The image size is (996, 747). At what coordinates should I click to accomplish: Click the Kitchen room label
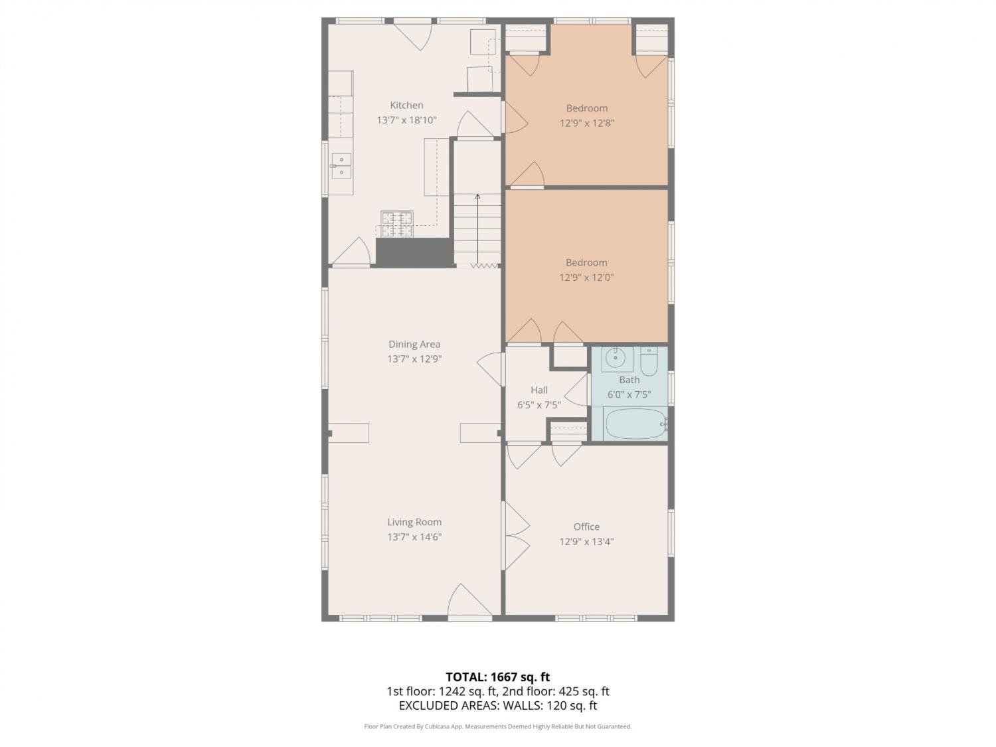click(406, 105)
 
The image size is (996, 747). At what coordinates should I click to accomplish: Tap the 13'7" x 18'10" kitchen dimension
click(406, 120)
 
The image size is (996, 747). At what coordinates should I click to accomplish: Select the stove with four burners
click(396, 224)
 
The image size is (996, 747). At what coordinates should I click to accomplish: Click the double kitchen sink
click(341, 166)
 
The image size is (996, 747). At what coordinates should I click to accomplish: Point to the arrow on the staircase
click(477, 230)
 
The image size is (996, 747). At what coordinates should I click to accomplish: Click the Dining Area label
click(414, 344)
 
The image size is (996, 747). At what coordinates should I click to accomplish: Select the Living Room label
click(414, 522)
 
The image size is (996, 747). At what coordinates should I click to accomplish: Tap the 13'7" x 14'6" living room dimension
click(414, 537)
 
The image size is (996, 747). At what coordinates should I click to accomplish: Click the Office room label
click(586, 527)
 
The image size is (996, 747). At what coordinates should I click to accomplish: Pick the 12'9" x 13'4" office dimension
click(586, 542)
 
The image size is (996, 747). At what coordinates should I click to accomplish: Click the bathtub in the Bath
click(635, 424)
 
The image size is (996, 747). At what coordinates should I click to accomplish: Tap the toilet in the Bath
click(649, 361)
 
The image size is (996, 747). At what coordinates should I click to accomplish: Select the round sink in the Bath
click(616, 358)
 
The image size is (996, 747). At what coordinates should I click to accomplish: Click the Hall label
click(539, 390)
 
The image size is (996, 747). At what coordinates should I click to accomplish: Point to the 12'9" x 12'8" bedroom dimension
click(587, 123)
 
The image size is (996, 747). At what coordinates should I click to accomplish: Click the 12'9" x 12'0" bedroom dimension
click(586, 277)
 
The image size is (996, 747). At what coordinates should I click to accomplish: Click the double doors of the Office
click(517, 535)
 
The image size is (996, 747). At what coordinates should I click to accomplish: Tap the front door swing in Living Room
click(469, 602)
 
